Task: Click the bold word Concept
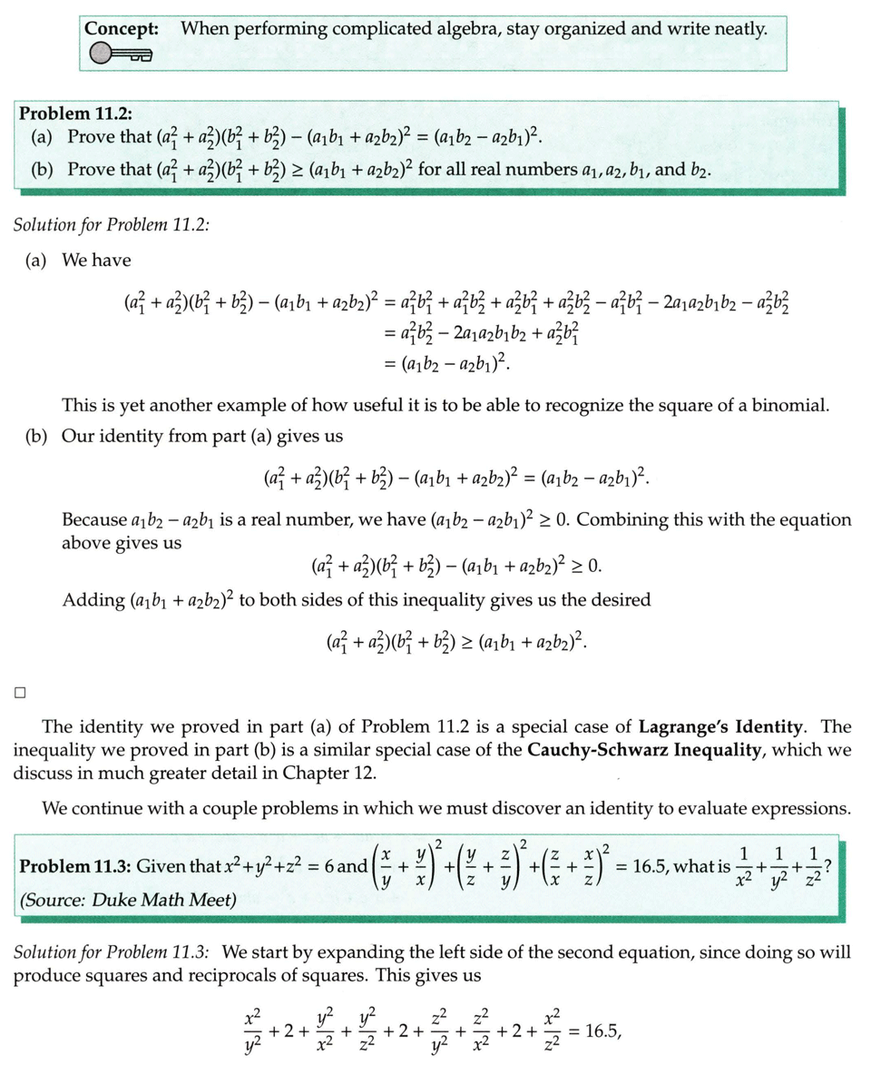[x=121, y=28]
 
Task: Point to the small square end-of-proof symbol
[x=19, y=693]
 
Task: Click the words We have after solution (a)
[x=96, y=261]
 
